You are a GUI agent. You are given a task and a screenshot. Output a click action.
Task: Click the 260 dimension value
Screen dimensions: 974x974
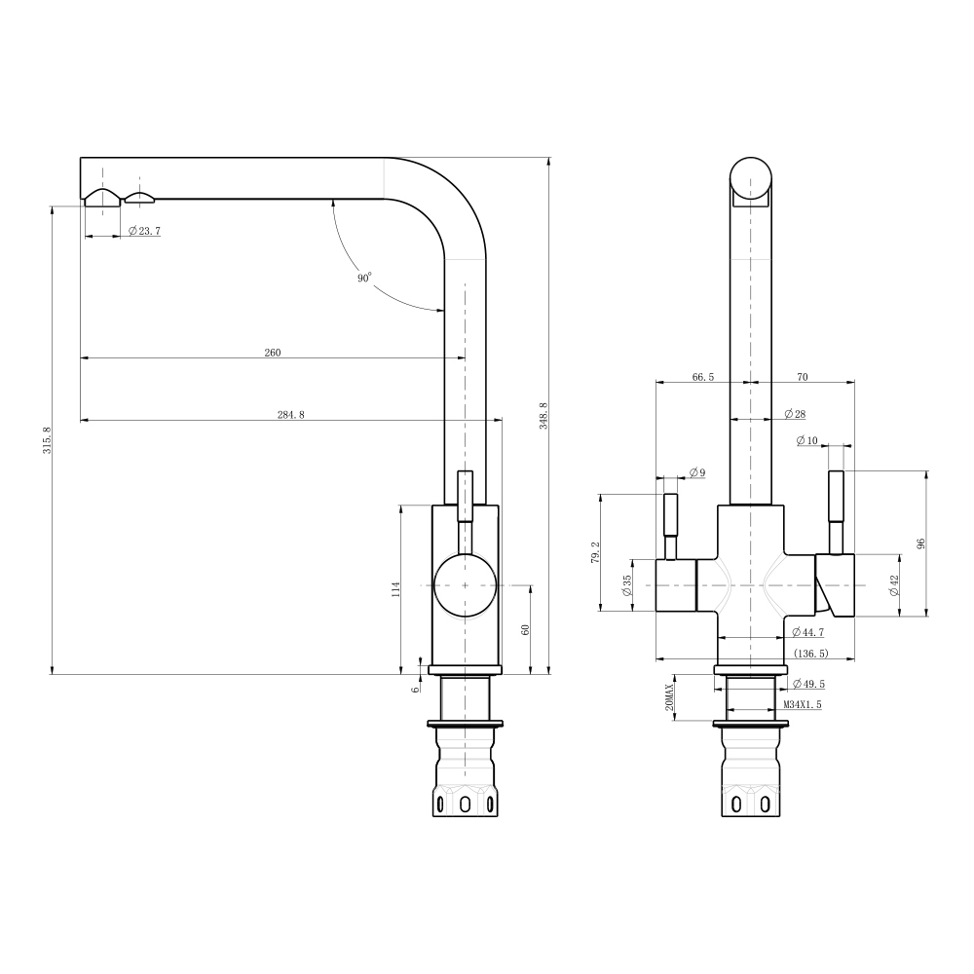pos(273,353)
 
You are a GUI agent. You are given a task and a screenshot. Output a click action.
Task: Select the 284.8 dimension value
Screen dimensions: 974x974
pos(290,415)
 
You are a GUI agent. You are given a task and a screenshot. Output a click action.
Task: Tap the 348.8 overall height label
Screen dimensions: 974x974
pos(543,416)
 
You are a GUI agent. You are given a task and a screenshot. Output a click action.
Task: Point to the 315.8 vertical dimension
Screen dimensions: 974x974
pos(47,440)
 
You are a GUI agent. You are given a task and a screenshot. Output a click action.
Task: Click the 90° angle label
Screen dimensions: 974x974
pos(364,278)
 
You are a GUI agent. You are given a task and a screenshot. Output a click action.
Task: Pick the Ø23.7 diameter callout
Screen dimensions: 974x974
pos(145,231)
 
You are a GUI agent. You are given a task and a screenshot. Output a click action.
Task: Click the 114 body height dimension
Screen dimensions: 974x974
pos(396,589)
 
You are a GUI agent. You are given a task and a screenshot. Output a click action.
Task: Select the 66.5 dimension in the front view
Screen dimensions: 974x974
pos(702,377)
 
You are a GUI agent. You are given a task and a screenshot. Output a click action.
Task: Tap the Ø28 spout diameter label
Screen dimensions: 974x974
pos(795,414)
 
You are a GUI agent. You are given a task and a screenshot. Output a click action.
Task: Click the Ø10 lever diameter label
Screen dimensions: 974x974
pos(807,440)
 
